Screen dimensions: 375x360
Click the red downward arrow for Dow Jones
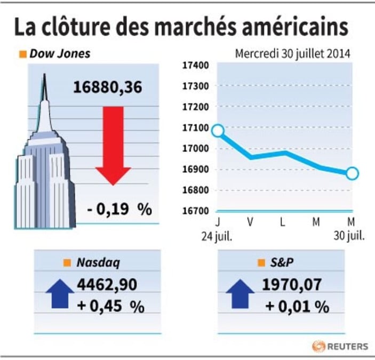tap(113, 146)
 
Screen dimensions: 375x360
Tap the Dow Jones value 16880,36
tap(107, 87)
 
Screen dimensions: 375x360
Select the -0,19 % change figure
tap(119, 209)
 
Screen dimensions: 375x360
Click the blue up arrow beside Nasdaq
tap(60, 293)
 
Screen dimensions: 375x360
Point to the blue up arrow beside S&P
tap(240, 294)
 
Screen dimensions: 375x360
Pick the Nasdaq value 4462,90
tap(107, 284)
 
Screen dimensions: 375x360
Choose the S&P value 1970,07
tap(292, 284)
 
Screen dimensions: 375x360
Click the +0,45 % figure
tap(111, 306)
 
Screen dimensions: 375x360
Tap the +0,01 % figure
tap(297, 306)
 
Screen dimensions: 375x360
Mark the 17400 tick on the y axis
tap(196, 65)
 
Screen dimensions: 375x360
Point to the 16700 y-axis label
tap(196, 211)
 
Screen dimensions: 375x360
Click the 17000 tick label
tap(196, 148)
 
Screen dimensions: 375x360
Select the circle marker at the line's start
tap(218, 131)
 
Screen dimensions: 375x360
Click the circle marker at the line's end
tap(352, 173)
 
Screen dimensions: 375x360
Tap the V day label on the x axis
tap(250, 222)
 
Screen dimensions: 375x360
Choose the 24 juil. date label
tap(217, 237)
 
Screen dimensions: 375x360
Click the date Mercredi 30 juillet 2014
tap(292, 54)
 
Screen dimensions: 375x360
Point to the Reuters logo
tap(340, 346)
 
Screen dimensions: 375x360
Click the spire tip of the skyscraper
tap(44, 74)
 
